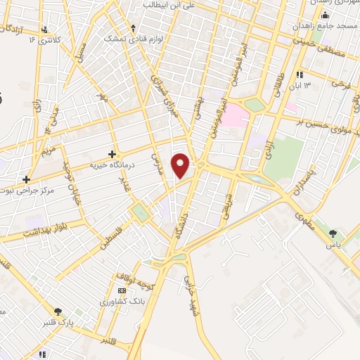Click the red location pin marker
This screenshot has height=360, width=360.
click(x=181, y=165)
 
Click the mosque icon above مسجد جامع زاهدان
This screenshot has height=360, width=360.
click(x=324, y=15)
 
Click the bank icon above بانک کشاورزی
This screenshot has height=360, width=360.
click(x=122, y=291)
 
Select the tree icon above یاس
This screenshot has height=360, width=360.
click(x=333, y=234)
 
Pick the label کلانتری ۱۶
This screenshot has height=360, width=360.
click(x=44, y=40)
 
